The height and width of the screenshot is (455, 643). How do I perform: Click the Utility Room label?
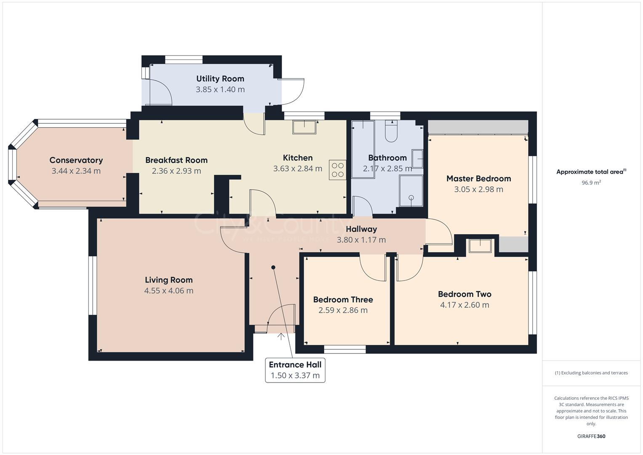pyautogui.click(x=220, y=79)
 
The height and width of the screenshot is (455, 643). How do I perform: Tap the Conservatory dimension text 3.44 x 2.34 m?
pyautogui.click(x=76, y=171)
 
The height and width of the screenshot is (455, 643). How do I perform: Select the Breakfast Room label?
pyautogui.click(x=176, y=160)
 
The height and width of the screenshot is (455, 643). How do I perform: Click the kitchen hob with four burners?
pyautogui.click(x=338, y=169)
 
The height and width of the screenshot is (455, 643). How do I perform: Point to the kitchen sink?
pyautogui.click(x=304, y=127)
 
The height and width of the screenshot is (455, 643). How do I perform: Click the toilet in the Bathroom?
pyautogui.click(x=391, y=131)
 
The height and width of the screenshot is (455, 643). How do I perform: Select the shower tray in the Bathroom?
pyautogui.click(x=411, y=191)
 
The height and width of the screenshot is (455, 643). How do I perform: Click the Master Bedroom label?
pyautogui.click(x=478, y=179)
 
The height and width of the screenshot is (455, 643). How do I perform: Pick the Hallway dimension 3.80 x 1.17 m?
pyautogui.click(x=361, y=240)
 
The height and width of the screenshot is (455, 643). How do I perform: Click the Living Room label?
pyautogui.click(x=168, y=280)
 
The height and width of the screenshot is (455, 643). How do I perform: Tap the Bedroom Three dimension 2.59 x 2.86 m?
pyautogui.click(x=343, y=310)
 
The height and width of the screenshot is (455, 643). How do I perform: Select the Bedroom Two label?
pyautogui.click(x=464, y=294)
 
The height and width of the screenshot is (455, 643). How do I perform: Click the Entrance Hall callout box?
pyautogui.click(x=295, y=370)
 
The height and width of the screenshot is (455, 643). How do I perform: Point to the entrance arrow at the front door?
pyautogui.click(x=281, y=336)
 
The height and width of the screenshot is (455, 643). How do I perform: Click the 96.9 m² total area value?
pyautogui.click(x=591, y=183)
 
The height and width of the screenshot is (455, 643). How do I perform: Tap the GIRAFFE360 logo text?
pyautogui.click(x=591, y=436)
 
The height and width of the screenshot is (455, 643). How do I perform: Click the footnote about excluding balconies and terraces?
pyautogui.click(x=591, y=373)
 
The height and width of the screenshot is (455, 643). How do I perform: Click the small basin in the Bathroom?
pyautogui.click(x=417, y=158)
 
